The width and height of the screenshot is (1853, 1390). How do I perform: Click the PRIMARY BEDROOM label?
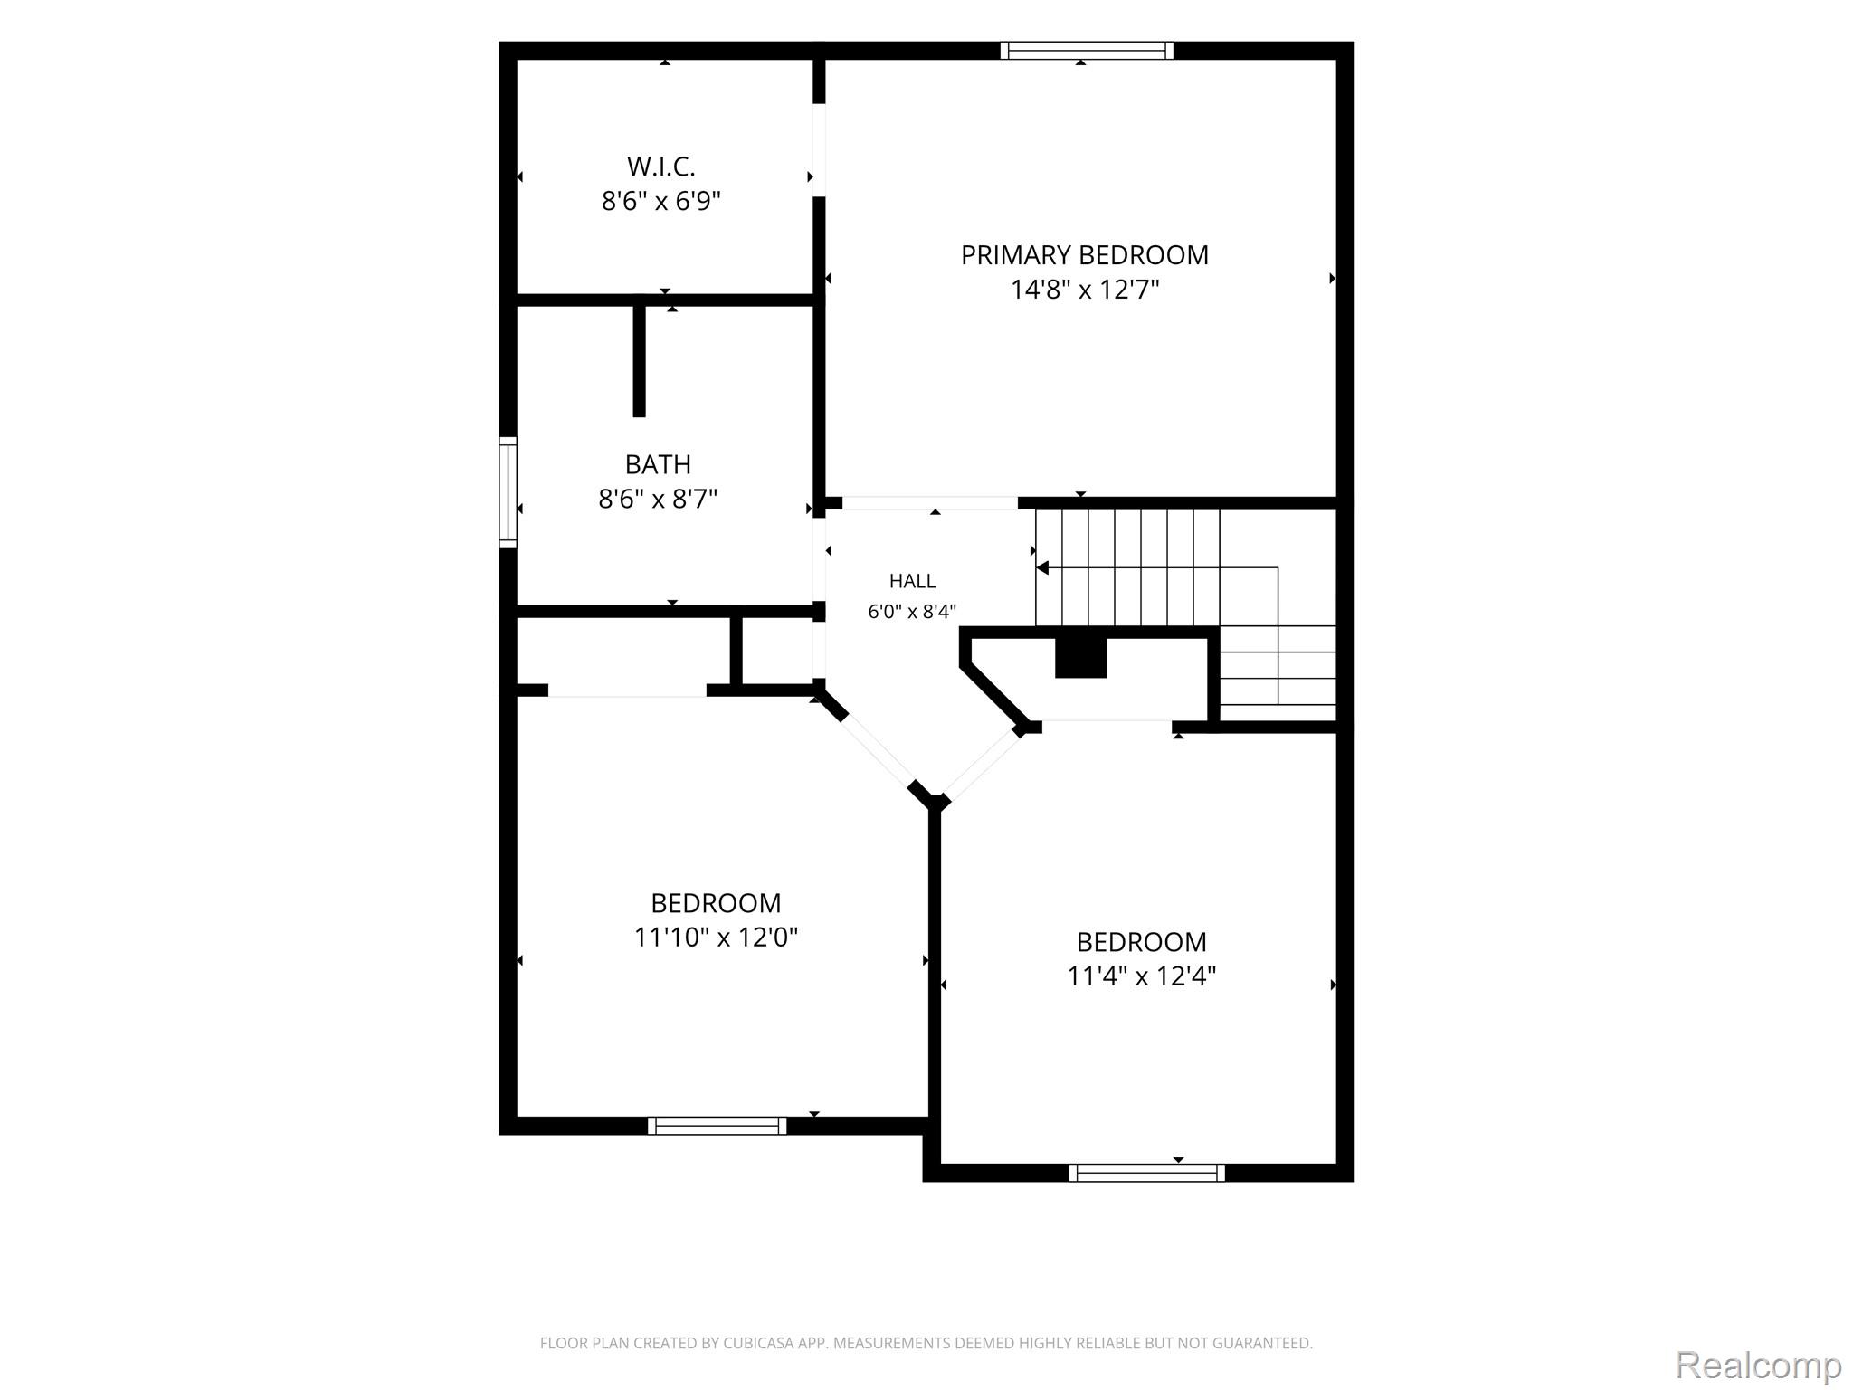coord(1084,255)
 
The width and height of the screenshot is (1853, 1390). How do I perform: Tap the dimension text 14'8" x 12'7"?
coord(1085,290)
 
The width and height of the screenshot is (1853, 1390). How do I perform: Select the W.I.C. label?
coord(661,167)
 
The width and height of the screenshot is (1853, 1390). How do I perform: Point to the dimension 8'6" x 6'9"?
coord(661,201)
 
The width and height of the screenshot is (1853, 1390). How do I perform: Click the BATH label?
coord(658,464)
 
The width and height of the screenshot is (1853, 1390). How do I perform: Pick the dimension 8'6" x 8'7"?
coord(658,499)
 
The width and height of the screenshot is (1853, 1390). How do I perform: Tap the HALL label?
coord(912,581)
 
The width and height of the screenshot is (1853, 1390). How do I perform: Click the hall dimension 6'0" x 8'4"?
coord(912,612)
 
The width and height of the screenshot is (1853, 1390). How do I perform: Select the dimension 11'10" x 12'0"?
coord(716,937)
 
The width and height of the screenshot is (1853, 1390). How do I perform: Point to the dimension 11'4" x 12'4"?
coord(1142,976)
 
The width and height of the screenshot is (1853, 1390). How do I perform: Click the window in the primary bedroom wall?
coord(1087,51)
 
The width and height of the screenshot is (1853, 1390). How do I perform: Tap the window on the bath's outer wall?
coord(508,492)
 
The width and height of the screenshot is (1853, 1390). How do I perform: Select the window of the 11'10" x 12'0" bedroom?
coord(717,1126)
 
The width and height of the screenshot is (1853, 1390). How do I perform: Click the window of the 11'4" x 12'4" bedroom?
coord(1146,1173)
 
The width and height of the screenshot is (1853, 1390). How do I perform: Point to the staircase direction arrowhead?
coord(1042,568)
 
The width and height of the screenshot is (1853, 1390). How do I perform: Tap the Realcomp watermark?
coord(1758,1365)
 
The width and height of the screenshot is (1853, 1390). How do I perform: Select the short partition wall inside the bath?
coord(639,360)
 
